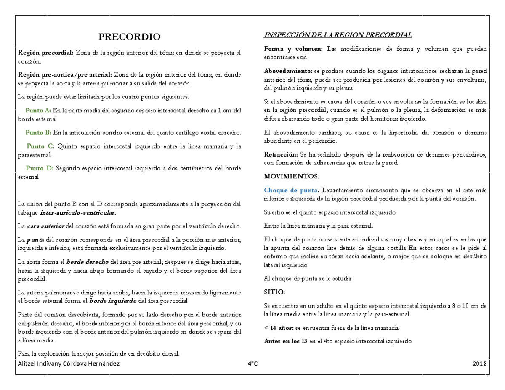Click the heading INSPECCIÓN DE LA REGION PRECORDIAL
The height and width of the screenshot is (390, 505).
pos(338,34)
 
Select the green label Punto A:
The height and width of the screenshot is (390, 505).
pos(38,111)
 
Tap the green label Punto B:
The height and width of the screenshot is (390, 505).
pos(38,133)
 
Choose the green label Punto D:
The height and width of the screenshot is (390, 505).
pos(39,168)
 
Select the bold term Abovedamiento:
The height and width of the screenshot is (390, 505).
pos(288,71)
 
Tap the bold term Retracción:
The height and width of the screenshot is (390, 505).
pos(280,154)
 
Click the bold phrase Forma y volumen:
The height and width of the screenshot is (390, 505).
pos(293,49)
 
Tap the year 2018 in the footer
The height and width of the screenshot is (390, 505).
pos(479,364)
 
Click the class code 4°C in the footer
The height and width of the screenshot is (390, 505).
pos(252,364)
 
